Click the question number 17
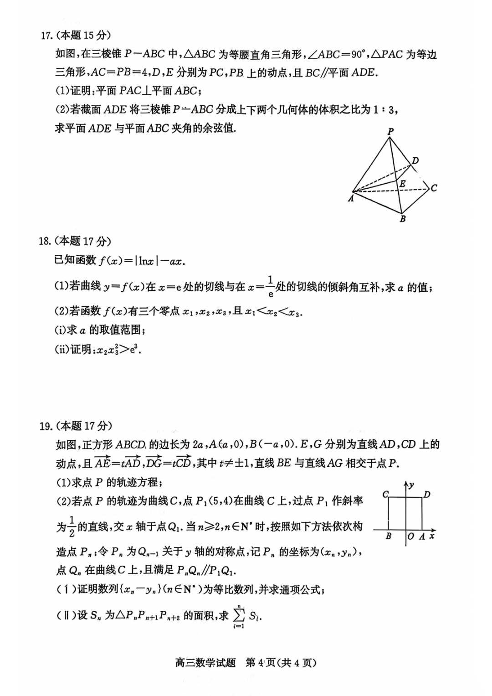[x=46, y=36]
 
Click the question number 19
[x=45, y=426]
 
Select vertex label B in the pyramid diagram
[x=403, y=219]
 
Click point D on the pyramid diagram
[x=415, y=160]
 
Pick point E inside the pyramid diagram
[x=402, y=184]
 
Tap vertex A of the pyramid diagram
[x=351, y=198]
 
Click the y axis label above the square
[x=411, y=485]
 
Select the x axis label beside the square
[x=432, y=536]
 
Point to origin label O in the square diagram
[x=411, y=536]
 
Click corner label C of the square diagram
[x=385, y=495]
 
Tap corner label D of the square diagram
[x=427, y=495]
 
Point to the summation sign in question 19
[x=239, y=616]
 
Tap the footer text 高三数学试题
[x=205, y=662]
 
